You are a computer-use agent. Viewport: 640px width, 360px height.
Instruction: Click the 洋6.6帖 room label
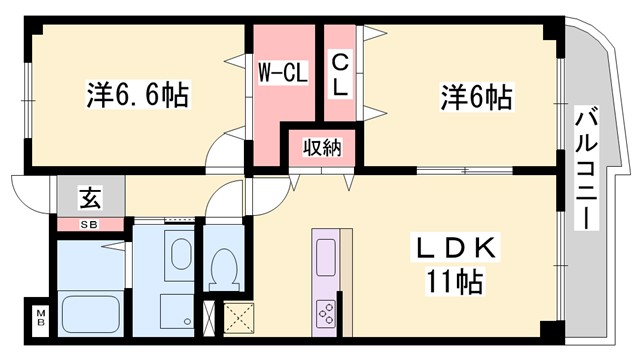click(138, 97)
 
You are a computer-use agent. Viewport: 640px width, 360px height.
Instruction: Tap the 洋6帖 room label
click(476, 97)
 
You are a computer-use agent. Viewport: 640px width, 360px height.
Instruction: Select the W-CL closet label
click(283, 73)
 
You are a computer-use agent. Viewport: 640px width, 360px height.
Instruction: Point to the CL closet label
click(341, 73)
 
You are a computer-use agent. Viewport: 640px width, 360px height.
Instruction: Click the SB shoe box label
click(90, 223)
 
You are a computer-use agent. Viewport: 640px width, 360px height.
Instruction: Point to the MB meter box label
click(40, 318)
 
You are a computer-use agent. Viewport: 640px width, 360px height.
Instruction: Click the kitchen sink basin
click(327, 257)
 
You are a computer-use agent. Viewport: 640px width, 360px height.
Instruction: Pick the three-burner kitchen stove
click(327, 314)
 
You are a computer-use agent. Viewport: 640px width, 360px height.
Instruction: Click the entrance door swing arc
click(30, 188)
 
